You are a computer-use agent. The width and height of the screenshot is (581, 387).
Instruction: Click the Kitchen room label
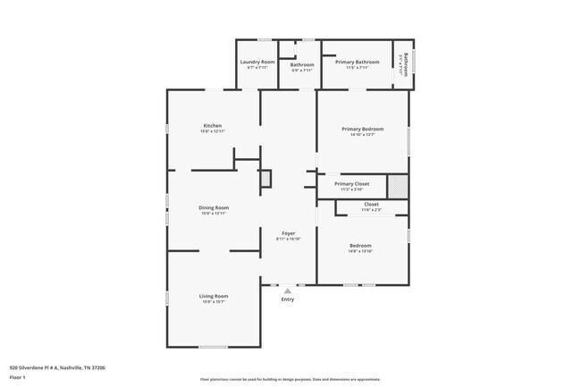click(x=212, y=126)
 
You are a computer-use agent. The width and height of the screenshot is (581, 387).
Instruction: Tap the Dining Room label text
click(x=214, y=207)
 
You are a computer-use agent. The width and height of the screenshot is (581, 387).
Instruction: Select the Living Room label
click(x=214, y=296)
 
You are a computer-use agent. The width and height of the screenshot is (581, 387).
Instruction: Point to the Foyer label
click(x=289, y=233)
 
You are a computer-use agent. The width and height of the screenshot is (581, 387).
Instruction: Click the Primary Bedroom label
click(x=363, y=129)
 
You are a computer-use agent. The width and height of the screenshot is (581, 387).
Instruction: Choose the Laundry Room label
click(x=257, y=62)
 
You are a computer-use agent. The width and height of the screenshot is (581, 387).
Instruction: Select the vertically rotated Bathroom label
click(x=405, y=65)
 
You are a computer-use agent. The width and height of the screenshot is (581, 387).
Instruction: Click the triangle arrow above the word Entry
click(x=288, y=290)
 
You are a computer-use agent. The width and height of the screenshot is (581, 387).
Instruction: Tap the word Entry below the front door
click(x=288, y=299)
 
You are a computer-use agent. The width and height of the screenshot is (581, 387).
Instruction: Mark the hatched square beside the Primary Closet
click(x=398, y=186)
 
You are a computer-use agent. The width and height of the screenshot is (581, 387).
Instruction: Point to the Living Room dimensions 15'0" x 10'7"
click(x=214, y=302)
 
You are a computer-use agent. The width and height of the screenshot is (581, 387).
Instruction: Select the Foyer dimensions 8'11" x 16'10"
click(x=289, y=240)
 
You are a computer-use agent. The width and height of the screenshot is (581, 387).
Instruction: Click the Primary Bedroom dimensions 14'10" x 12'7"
click(x=363, y=135)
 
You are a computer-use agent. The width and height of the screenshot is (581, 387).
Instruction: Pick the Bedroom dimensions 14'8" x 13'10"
click(x=361, y=251)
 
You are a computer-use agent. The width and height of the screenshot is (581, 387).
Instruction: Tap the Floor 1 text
click(x=18, y=377)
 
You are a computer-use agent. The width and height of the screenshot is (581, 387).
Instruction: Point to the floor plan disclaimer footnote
click(x=290, y=380)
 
